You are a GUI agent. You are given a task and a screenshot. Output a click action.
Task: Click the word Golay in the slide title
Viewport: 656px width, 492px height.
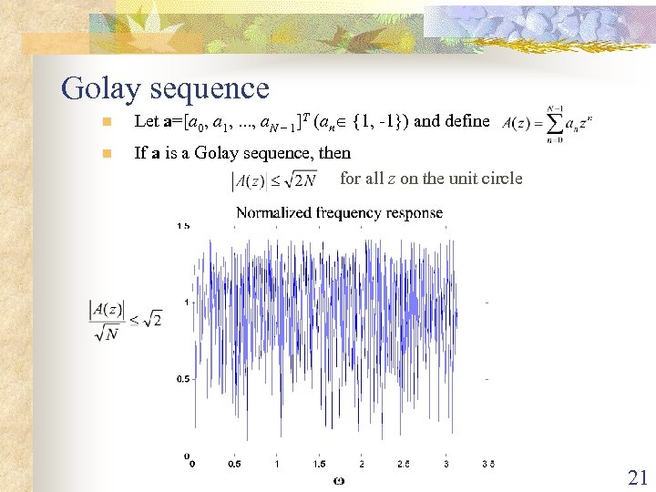click(102, 89)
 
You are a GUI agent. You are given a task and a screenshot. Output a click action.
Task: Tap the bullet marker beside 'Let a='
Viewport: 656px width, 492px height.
click(107, 122)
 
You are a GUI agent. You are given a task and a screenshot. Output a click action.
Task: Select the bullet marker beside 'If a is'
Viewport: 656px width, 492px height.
click(107, 154)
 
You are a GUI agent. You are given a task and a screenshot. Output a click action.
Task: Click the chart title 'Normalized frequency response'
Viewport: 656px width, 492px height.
click(339, 213)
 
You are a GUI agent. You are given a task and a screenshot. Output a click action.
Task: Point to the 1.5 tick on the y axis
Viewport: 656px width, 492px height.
click(183, 225)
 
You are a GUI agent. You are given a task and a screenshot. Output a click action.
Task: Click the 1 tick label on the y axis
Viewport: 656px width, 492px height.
click(186, 302)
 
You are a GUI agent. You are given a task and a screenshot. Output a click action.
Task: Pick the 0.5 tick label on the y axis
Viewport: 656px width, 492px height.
click(183, 378)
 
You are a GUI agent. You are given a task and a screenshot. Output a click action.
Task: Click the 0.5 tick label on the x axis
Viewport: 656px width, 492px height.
click(234, 464)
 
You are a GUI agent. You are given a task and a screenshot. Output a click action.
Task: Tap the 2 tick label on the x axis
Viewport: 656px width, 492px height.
click(362, 464)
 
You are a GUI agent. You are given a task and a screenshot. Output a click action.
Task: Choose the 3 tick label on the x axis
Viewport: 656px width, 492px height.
click(446, 464)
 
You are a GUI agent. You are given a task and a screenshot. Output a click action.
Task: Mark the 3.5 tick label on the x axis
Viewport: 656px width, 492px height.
click(487, 464)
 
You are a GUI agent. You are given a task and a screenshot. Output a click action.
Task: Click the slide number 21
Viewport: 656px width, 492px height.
click(636, 476)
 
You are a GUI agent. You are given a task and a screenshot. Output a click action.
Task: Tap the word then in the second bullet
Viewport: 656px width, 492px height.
click(334, 153)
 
